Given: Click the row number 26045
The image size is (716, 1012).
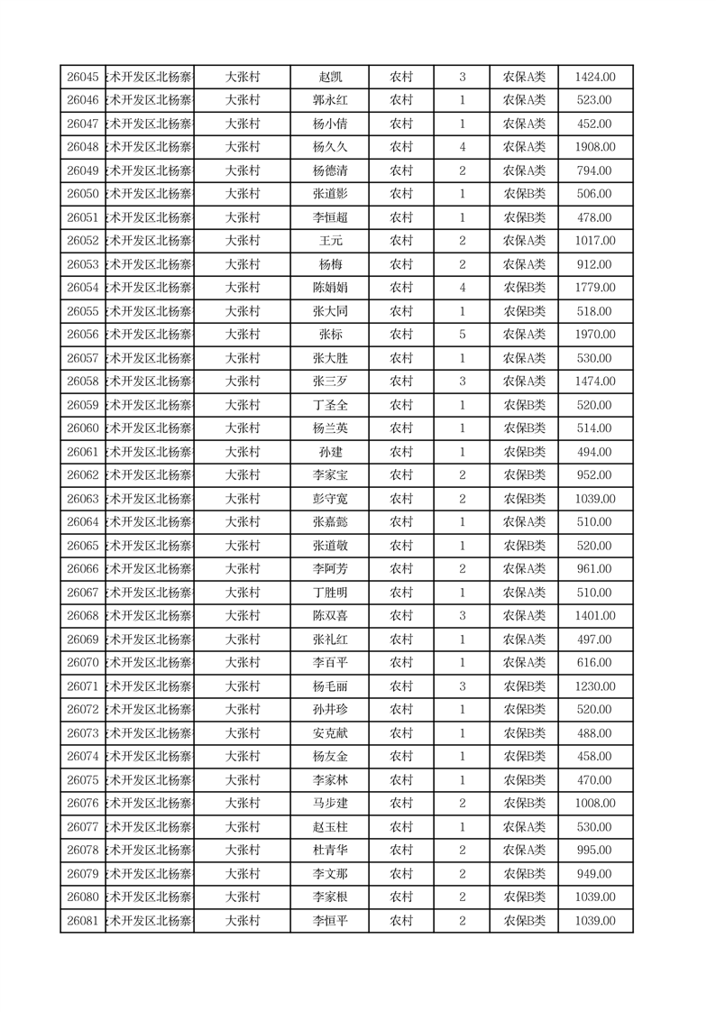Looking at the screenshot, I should coord(83,78).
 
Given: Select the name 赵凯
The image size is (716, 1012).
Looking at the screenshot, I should coord(329,78).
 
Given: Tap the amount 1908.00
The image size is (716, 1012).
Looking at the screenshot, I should coord(595,147).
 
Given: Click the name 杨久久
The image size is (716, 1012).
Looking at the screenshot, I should coord(329,147).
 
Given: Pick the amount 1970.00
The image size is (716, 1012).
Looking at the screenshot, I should coord(595,335).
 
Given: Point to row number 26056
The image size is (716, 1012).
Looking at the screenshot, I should coord(83,335).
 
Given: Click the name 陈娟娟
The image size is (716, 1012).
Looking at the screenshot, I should coord(329,288).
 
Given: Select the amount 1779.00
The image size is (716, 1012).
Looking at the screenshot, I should coord(595,288).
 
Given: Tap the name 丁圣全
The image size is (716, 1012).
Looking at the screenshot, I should coord(329,405).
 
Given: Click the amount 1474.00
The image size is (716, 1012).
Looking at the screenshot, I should coord(595,382).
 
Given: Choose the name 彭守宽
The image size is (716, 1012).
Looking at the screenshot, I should coord(329,499).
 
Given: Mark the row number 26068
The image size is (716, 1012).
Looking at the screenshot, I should coord(83,616).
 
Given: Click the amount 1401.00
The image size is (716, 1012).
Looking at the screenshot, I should coord(595,616).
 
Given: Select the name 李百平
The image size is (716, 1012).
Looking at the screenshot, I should coord(329,663).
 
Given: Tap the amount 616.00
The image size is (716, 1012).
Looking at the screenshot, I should coord(595,663).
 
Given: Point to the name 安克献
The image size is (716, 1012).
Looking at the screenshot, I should coord(329,733).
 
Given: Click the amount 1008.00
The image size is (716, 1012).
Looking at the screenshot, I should coord(595,804).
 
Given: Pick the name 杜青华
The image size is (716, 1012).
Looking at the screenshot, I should coord(329,851).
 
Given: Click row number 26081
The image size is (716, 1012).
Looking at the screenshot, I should coord(83,921).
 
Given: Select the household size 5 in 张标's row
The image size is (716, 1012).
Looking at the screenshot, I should coord(463,335).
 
